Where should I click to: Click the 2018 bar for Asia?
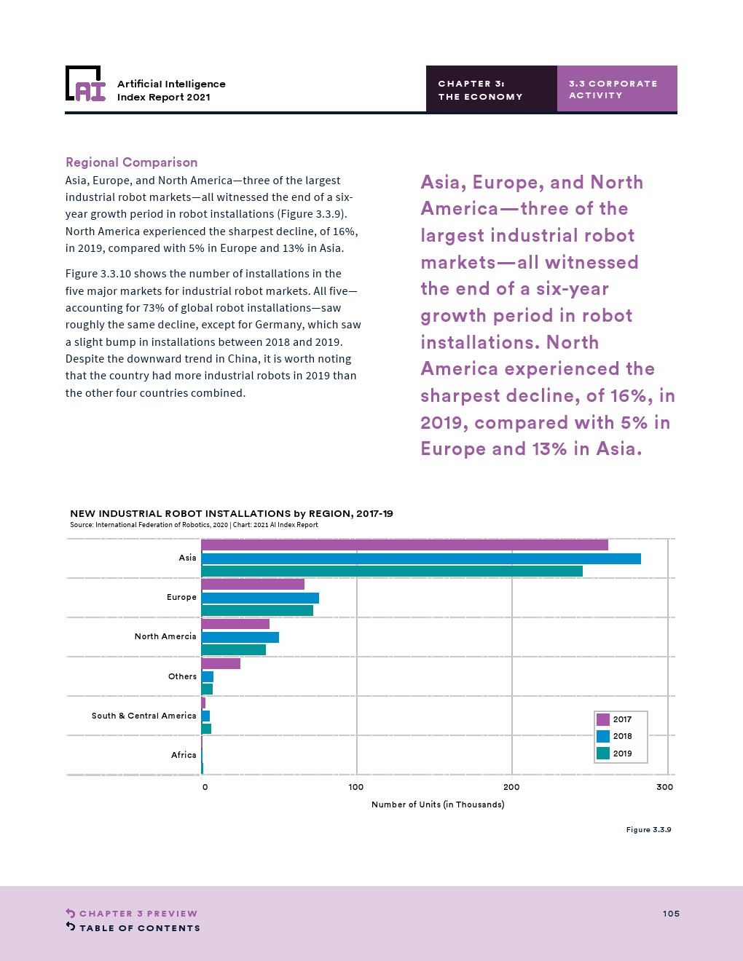[x=421, y=558]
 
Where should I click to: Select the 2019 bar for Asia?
[x=392, y=572]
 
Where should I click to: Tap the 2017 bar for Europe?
[x=253, y=584]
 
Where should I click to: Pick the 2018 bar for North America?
[x=240, y=638]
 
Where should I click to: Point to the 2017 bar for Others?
[x=221, y=663]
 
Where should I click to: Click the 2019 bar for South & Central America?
[x=207, y=729]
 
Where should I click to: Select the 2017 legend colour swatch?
[x=603, y=719]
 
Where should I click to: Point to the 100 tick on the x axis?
[x=356, y=787]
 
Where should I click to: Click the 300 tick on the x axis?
[x=664, y=787]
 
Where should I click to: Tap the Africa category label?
[x=184, y=755]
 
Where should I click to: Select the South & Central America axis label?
[x=144, y=716]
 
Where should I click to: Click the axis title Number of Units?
[x=438, y=804]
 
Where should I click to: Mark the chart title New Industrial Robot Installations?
[x=232, y=513]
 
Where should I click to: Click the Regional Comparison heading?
[x=132, y=162]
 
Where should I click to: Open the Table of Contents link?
[x=139, y=928]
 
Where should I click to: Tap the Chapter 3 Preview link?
[x=138, y=914]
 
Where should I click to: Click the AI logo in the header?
[x=86, y=85]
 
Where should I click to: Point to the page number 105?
[x=671, y=914]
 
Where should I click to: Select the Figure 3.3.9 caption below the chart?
[x=648, y=830]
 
